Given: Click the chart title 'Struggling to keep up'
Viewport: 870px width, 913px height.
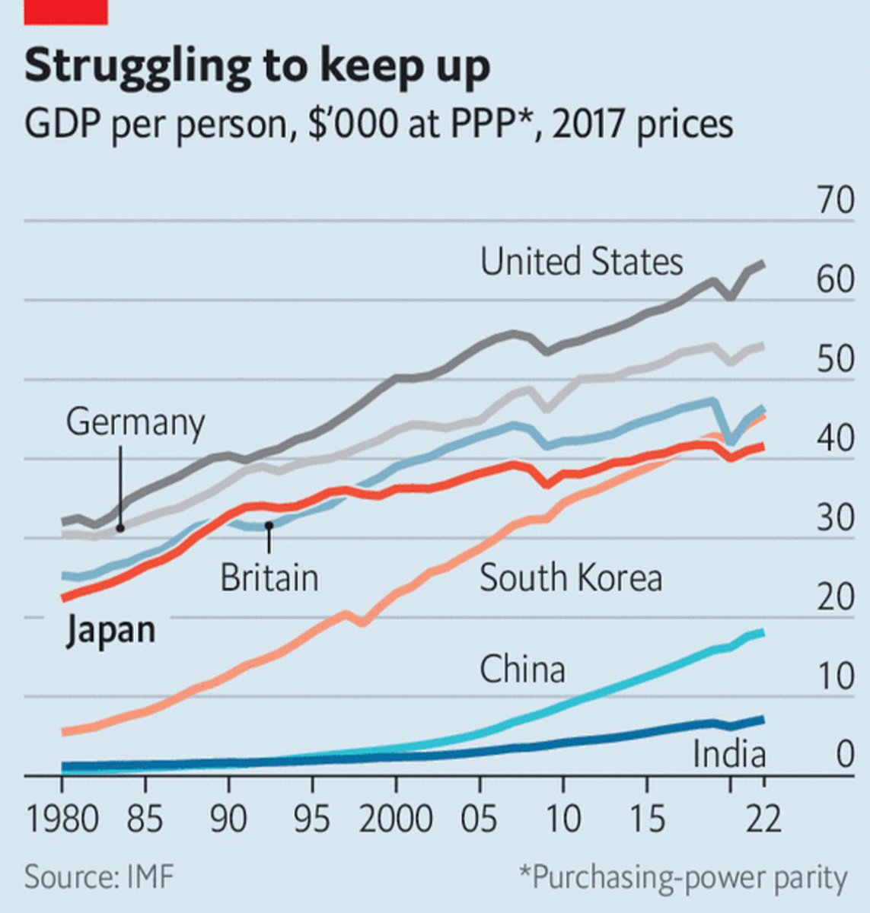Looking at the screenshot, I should tap(257, 67).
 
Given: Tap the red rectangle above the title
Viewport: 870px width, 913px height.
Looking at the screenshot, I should tap(66, 11).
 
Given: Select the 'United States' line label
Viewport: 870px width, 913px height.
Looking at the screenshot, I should tap(582, 262).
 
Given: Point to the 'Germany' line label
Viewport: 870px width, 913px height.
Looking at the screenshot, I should tap(135, 422).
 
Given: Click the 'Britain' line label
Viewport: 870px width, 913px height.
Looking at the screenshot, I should tap(269, 577).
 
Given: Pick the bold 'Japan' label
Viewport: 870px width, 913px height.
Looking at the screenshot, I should tap(110, 631).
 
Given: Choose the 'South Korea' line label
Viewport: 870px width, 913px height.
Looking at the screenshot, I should tap(571, 578).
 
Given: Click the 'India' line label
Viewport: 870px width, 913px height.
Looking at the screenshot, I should tap(728, 755).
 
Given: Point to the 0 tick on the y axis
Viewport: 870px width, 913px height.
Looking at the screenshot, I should tap(845, 754).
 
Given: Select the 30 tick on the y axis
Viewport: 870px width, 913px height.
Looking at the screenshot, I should tap(835, 517).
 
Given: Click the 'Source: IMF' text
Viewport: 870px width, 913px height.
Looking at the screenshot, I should tap(99, 878).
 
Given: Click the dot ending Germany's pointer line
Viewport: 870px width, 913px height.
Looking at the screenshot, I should tap(120, 526).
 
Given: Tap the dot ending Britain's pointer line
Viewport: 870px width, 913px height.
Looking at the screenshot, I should tap(269, 525).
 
